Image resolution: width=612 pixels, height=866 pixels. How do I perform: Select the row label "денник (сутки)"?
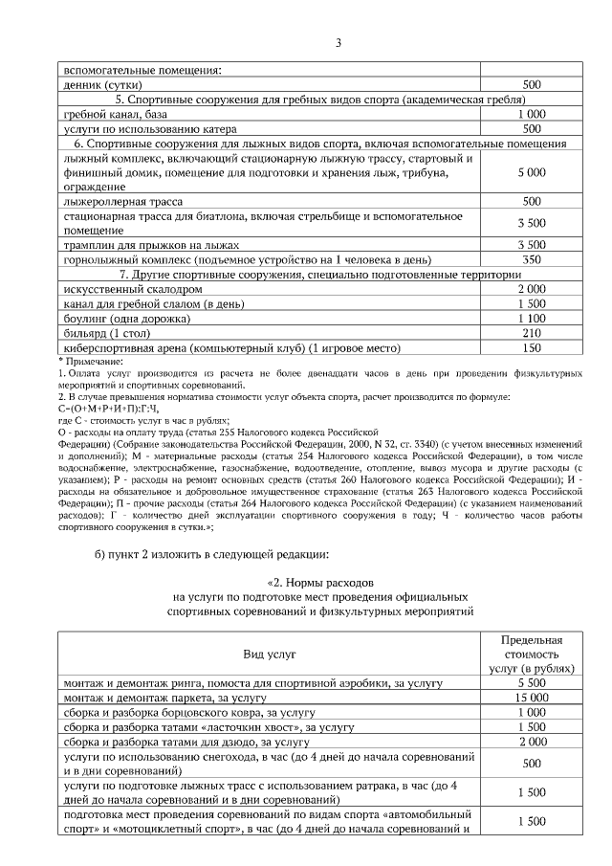click(x=100, y=84)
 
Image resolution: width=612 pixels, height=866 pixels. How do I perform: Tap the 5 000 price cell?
click(x=531, y=172)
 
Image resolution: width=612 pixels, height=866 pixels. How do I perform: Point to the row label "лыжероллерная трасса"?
click(x=123, y=202)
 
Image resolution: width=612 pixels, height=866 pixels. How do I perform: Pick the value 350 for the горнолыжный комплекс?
click(x=531, y=259)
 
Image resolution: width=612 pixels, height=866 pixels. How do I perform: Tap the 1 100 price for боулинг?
click(x=531, y=318)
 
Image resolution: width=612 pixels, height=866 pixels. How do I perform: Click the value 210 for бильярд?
click(x=531, y=332)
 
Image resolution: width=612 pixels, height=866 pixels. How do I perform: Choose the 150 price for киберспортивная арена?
click(x=531, y=347)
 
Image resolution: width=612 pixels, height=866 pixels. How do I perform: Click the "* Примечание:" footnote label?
click(x=87, y=360)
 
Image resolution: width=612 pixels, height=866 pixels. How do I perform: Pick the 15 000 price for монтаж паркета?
click(x=531, y=699)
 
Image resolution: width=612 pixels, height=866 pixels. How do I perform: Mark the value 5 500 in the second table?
click(x=531, y=684)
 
